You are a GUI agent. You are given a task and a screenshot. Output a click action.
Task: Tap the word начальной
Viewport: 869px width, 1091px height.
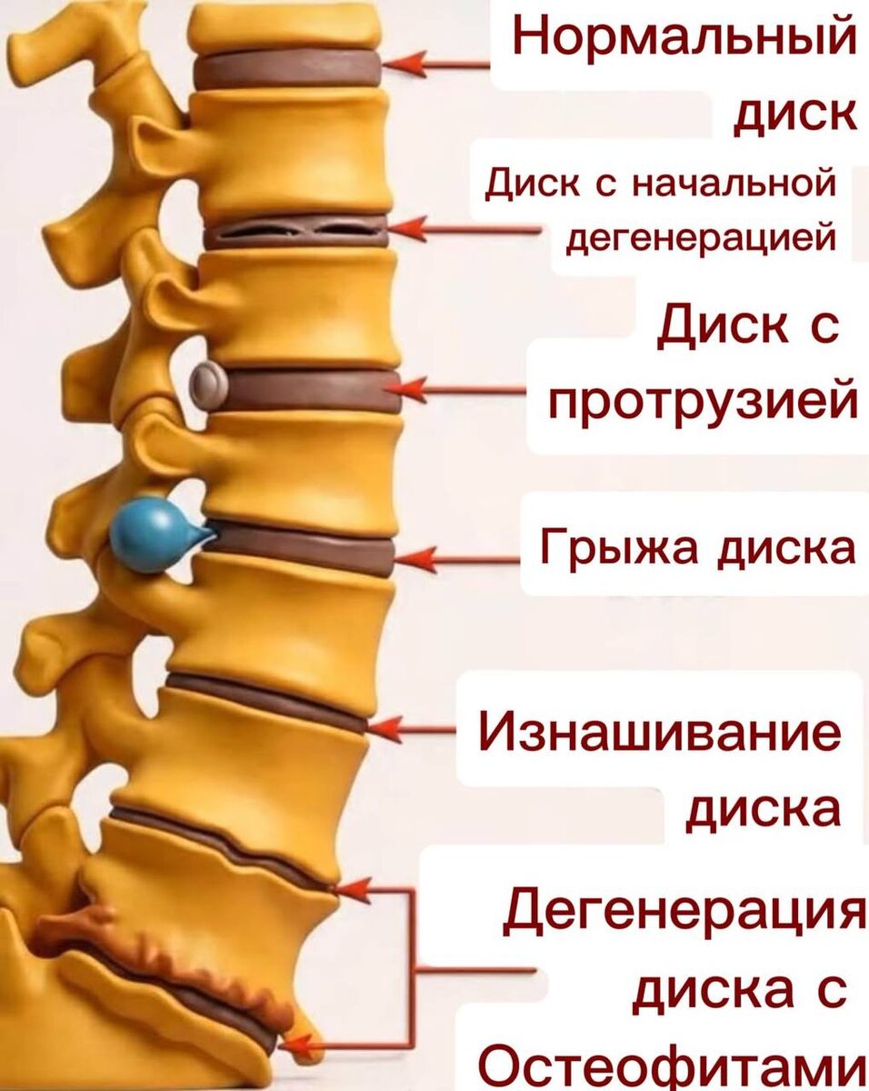[733, 183]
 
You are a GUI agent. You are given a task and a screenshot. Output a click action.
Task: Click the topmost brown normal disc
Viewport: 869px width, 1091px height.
[285, 69]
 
